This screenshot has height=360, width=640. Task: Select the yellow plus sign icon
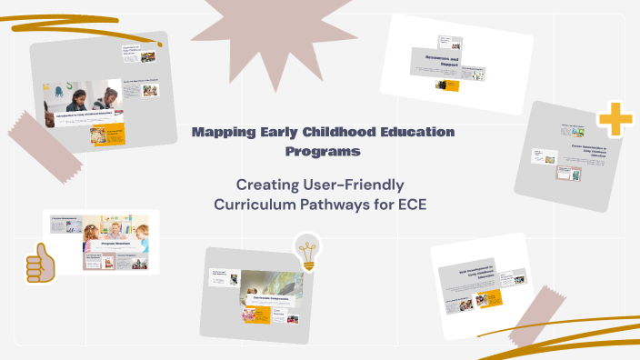615,120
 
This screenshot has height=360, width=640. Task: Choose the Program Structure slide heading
112,245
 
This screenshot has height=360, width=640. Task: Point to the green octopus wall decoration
55,91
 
